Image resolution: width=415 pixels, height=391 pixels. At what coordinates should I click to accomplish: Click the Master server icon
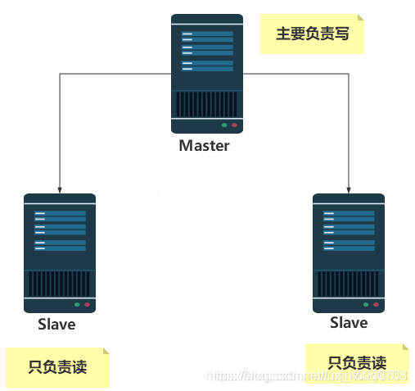pos(206,74)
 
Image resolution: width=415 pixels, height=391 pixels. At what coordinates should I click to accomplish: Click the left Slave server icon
pos(59,253)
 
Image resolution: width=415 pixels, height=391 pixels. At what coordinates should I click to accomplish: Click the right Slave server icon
pos(349,253)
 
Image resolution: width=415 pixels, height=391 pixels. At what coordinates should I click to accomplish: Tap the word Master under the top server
pos(204,146)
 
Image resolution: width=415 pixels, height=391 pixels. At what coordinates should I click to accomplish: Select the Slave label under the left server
pos(56,324)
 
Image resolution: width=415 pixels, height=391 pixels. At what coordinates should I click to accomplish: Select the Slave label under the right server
pos(349,323)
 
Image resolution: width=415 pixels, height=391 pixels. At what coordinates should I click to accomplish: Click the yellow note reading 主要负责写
pos(312,34)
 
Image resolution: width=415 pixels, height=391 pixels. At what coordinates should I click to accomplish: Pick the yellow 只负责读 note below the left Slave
pos(56,366)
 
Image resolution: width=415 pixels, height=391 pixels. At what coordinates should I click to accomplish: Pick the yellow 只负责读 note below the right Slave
pos(357,363)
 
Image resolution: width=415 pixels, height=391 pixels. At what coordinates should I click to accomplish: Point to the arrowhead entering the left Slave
pos(61,188)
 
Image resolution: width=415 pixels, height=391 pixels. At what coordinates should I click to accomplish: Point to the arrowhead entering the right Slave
pos(350,188)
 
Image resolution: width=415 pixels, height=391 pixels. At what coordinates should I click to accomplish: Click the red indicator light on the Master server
pos(234,125)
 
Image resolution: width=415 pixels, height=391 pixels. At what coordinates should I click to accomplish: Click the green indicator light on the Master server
pos(223,125)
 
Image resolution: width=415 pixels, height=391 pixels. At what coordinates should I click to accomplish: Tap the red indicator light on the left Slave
pos(87,305)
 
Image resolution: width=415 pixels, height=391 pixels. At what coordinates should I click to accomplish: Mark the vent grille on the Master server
pos(206,104)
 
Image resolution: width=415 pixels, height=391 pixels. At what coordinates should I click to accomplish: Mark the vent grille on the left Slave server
pos(59,284)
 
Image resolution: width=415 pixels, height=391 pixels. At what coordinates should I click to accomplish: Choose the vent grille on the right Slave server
pos(349,284)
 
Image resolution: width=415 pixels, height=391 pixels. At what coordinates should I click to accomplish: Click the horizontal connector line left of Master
pos(115,73)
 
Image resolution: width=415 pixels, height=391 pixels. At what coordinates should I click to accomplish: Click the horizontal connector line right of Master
pos(296,73)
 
